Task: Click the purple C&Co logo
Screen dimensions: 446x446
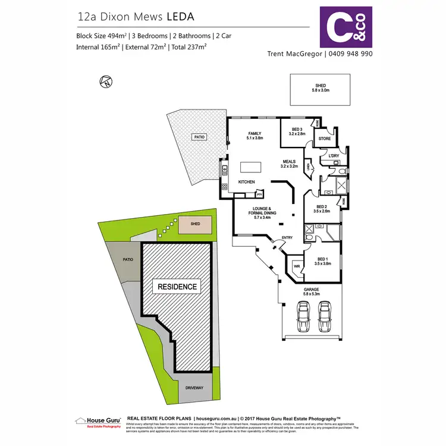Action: [346, 27]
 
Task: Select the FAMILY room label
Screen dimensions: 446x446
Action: [255, 136]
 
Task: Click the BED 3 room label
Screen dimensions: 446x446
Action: [298, 131]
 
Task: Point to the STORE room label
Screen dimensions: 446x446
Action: [325, 139]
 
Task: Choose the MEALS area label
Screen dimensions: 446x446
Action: [290, 162]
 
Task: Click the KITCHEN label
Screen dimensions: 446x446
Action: [247, 182]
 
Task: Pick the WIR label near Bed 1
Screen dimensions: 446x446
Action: [296, 266]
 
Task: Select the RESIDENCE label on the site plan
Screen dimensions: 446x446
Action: [176, 287]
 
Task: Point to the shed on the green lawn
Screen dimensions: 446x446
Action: [196, 225]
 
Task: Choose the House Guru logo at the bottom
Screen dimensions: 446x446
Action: [98, 421]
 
